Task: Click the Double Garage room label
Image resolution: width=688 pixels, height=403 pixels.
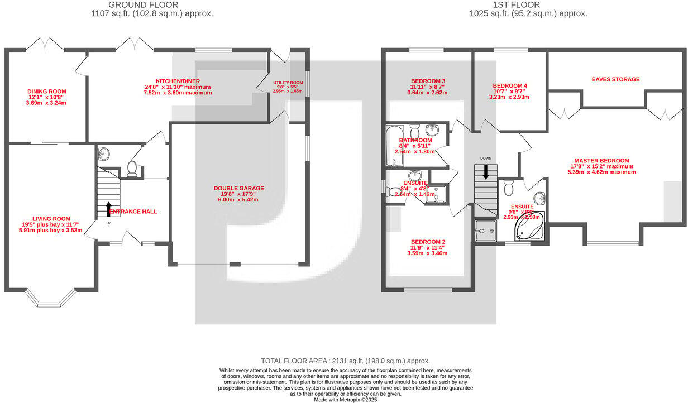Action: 238,188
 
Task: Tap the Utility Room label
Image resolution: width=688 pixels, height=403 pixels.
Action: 288,83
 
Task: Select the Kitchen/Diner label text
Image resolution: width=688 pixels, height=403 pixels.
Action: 178,81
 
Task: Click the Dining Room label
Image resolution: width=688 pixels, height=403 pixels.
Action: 47,92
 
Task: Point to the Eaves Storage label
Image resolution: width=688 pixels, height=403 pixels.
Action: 615,79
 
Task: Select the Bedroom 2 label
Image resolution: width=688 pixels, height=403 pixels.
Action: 428,242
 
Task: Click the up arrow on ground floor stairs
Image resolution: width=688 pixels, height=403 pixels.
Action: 108,209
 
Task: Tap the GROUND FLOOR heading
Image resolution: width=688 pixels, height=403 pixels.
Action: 152,5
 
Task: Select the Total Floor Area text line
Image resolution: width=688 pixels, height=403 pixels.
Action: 346,361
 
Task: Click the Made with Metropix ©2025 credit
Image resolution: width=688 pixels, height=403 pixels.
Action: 346,400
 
